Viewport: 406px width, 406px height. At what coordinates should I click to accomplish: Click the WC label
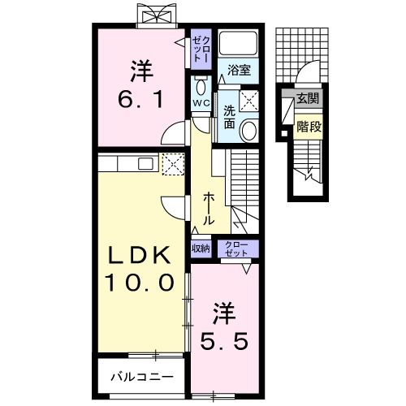coord(201,103)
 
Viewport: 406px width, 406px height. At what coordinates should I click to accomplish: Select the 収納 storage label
coord(201,248)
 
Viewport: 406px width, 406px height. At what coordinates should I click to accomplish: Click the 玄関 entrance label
coord(308,100)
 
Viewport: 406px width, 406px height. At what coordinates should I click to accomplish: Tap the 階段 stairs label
coord(308,127)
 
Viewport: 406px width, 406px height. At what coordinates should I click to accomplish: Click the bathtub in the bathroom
coord(239,45)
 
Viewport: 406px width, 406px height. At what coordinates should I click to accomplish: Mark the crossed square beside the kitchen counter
coord(172,165)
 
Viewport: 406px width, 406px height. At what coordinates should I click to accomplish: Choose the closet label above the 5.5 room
coord(236,248)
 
